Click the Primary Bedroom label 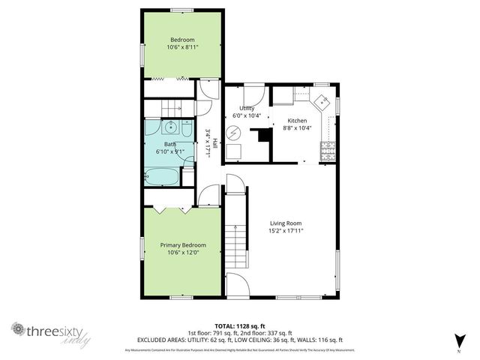[183, 245]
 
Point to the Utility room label [247, 109]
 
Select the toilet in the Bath [187, 174]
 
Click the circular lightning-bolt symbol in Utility [233, 134]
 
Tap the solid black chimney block [262, 138]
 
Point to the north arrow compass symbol [459, 340]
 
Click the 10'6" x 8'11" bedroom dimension [182, 47]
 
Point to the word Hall [216, 142]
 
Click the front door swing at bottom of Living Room [236, 285]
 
